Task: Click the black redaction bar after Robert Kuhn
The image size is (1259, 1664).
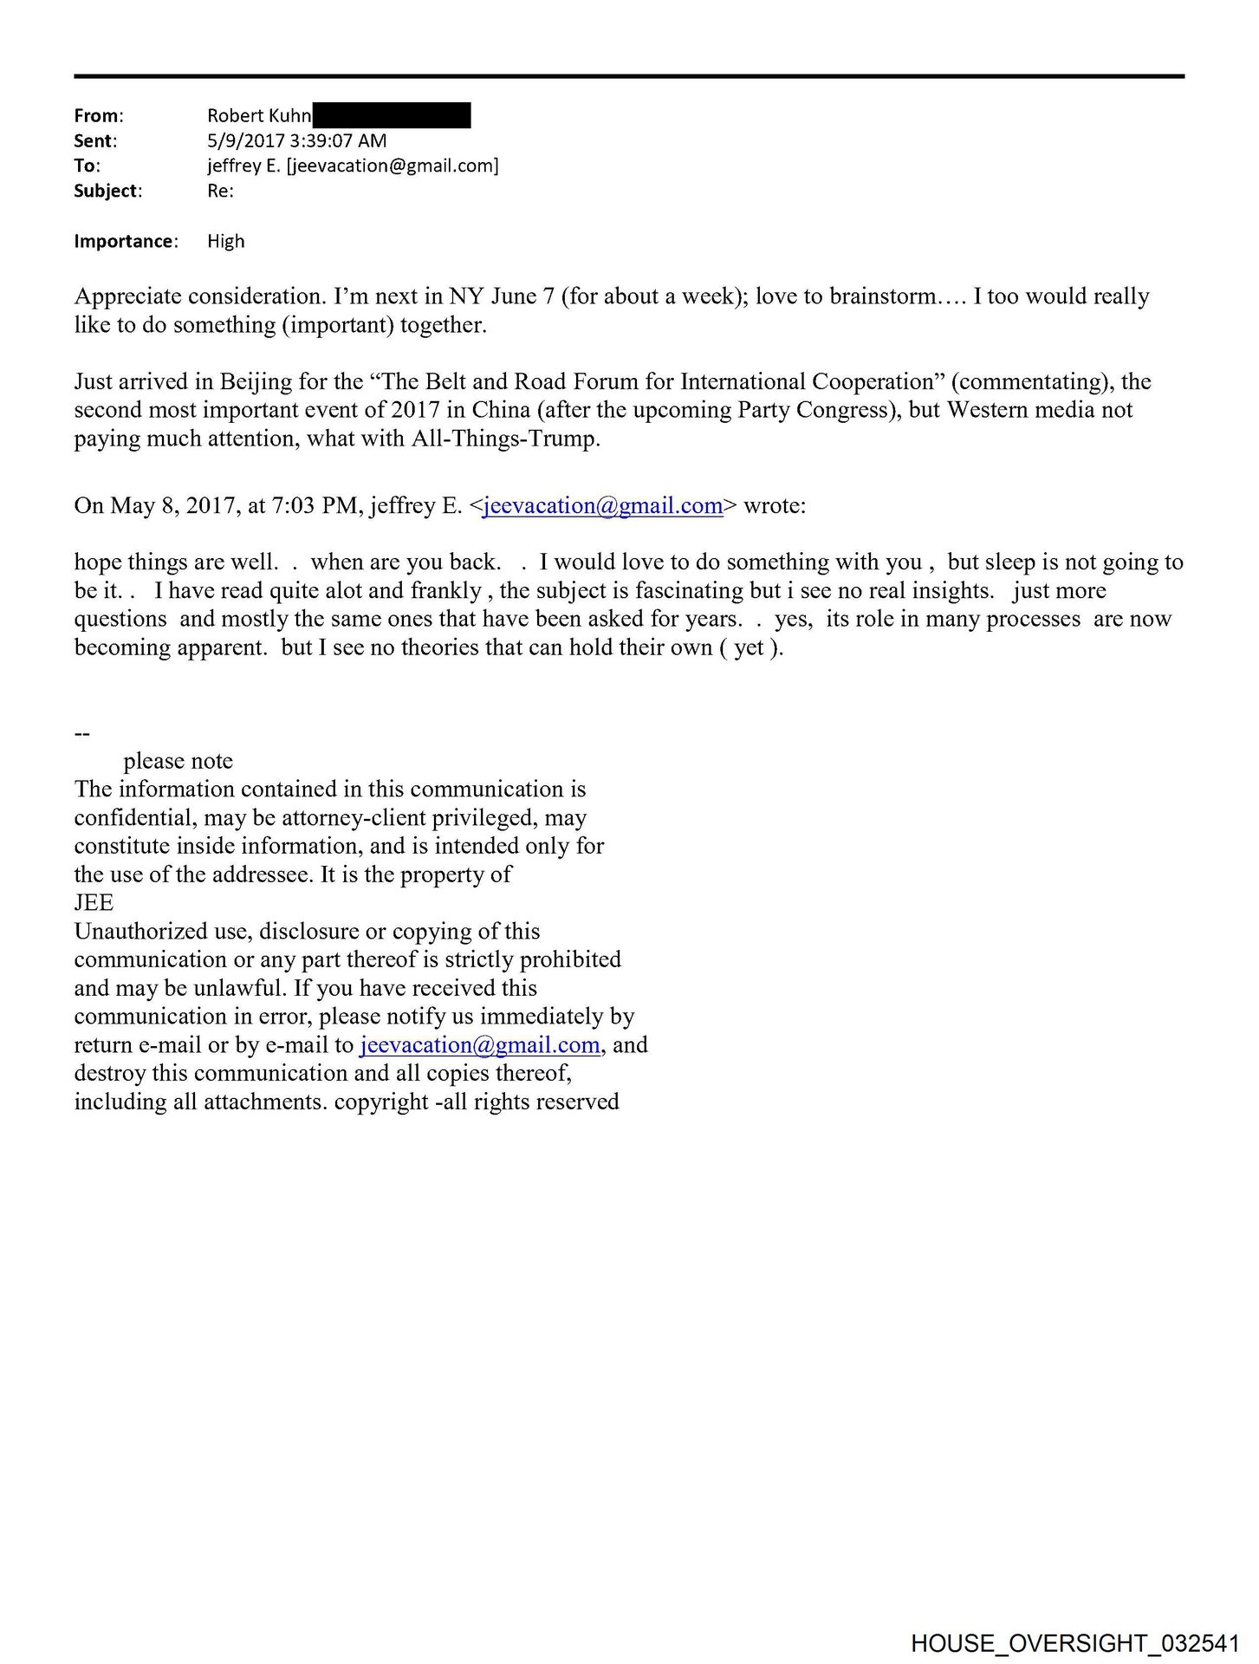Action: click(392, 115)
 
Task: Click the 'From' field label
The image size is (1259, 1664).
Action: click(98, 115)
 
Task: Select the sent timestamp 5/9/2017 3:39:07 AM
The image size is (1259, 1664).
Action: click(296, 140)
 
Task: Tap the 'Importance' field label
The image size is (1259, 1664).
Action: click(125, 241)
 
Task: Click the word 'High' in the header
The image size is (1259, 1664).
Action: click(225, 241)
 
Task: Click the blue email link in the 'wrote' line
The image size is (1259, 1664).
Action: click(602, 505)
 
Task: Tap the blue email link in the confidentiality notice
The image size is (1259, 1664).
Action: click(480, 1044)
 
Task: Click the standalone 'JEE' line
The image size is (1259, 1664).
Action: click(94, 903)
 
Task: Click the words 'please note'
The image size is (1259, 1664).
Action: click(178, 761)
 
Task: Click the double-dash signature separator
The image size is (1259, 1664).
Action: click(82, 733)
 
